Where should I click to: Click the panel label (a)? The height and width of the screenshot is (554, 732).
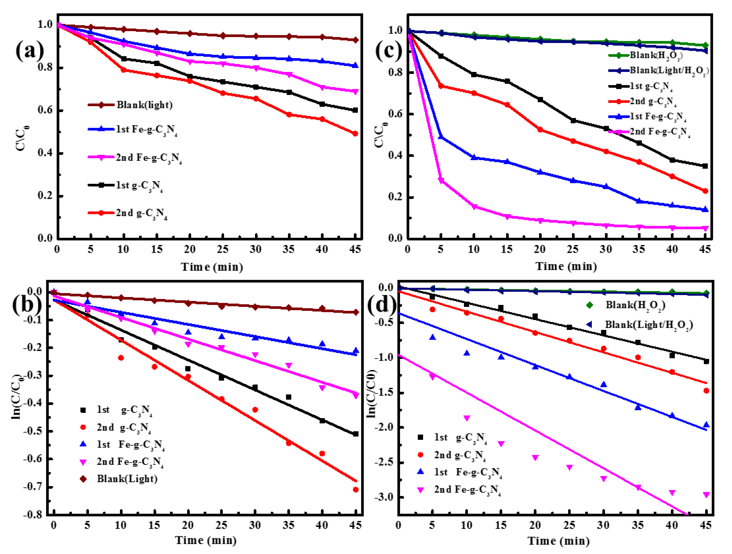pos(30,50)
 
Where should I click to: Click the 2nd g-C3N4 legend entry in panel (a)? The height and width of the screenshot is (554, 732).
pos(141,213)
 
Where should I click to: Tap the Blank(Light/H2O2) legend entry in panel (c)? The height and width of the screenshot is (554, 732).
pos(669,70)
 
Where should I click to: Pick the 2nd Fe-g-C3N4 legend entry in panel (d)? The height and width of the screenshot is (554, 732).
pos(467,490)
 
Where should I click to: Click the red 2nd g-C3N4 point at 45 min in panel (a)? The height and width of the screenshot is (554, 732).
pos(355,134)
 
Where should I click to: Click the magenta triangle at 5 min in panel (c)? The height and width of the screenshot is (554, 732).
pos(441,181)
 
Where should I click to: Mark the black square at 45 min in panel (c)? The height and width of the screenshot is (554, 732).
pos(705,166)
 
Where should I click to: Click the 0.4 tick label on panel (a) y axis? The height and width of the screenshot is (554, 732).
pos(45,153)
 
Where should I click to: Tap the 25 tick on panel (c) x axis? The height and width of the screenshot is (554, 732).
pos(573,249)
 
